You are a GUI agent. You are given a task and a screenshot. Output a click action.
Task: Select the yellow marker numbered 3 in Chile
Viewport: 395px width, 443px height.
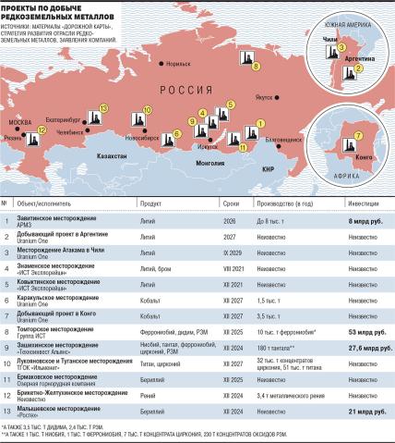pos(342,47)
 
